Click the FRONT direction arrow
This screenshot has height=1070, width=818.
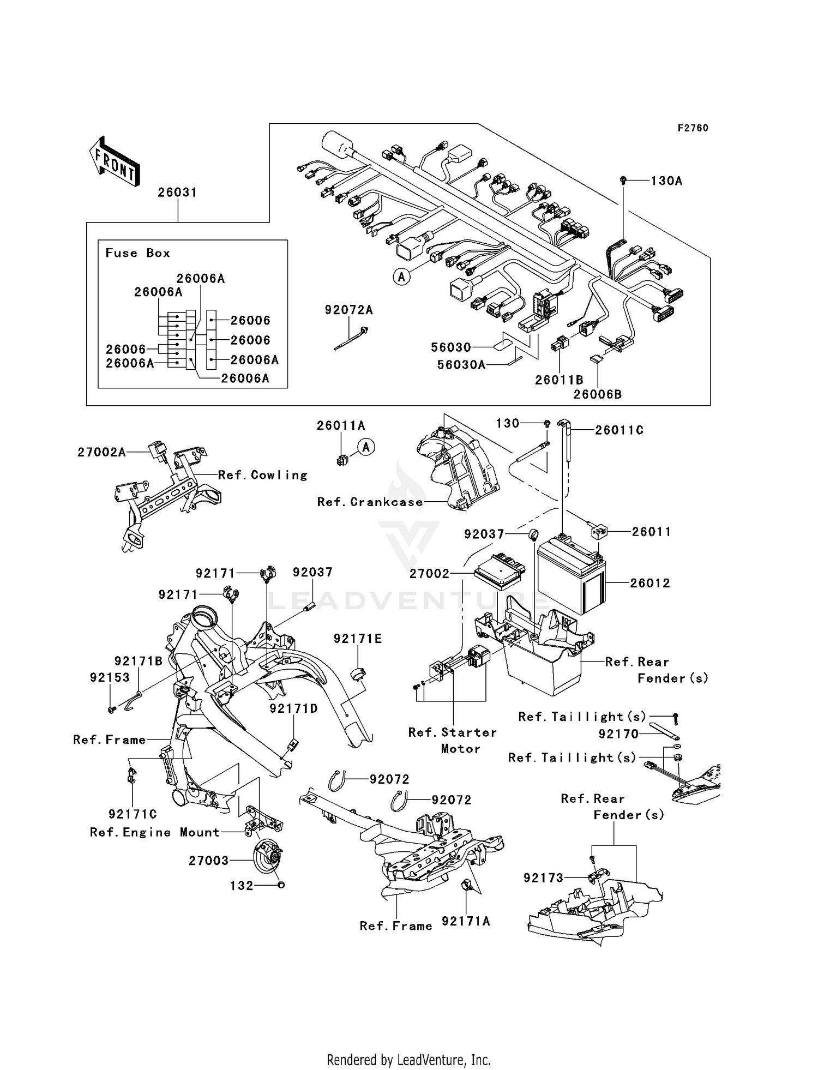[x=115, y=162]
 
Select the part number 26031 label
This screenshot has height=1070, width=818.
[x=177, y=193]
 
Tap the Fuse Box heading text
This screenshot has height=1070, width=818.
[x=137, y=253]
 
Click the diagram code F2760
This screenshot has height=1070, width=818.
[x=693, y=128]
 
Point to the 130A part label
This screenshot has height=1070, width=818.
[x=666, y=181]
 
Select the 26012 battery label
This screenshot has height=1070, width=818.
[x=650, y=583]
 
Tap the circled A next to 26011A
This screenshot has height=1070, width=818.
[x=366, y=448]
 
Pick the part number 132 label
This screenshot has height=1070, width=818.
[x=242, y=886]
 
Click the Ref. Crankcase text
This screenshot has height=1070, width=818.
[x=370, y=502]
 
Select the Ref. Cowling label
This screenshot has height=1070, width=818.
[x=263, y=475]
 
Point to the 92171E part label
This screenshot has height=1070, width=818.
[x=358, y=639]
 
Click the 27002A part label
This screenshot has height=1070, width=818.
[x=101, y=452]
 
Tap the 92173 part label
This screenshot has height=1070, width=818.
[x=543, y=878]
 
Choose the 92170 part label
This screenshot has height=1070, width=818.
[x=618, y=734]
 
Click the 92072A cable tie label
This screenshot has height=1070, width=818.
[x=348, y=310]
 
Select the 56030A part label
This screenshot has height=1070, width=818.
[x=461, y=365]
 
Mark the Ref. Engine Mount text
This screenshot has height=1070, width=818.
[x=155, y=832]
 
